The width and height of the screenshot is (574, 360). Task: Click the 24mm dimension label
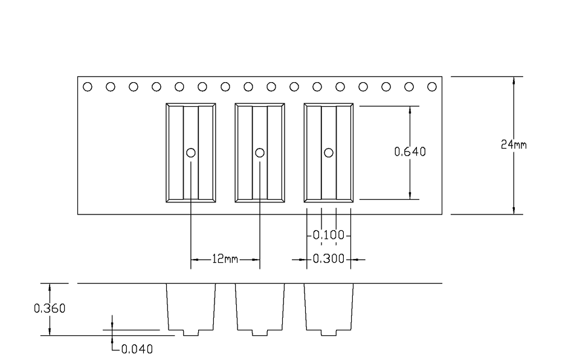pos(514,145)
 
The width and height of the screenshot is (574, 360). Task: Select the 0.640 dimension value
pos(410,152)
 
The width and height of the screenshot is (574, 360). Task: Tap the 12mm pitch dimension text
pos(225,259)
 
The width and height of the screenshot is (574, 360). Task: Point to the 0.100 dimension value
pos(329,235)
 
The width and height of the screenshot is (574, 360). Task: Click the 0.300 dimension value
pos(329,259)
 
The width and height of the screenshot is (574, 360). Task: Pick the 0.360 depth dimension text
pos(50,309)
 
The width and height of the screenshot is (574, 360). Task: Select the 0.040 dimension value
pos(137,349)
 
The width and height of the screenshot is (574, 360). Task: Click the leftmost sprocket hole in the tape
pos(88,87)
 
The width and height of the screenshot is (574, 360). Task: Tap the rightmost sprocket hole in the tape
pos(432,87)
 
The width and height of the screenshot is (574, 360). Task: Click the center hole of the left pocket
pos(191,153)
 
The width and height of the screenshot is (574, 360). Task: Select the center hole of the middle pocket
pos(260,153)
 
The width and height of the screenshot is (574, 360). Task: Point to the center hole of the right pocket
pos(329,153)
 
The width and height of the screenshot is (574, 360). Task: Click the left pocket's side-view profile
pos(191,309)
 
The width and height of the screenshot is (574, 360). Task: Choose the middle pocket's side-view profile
pos(260,309)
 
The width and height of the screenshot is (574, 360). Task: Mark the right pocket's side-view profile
pos(329,309)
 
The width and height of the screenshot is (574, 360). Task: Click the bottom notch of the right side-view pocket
pos(329,333)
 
